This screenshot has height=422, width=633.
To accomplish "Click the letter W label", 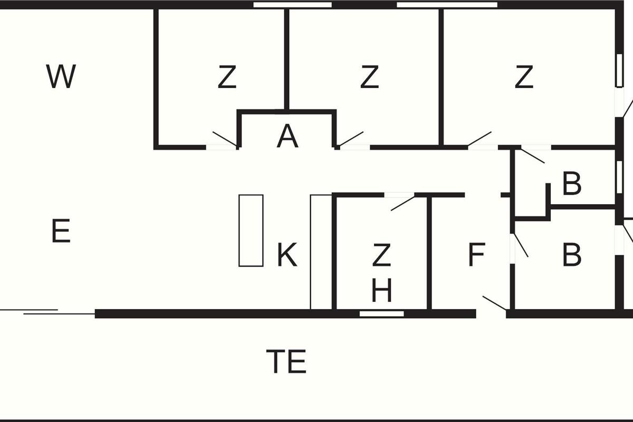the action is (x=61, y=76).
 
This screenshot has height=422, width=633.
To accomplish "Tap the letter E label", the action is (x=61, y=231).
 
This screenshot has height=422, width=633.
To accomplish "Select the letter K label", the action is (x=287, y=255).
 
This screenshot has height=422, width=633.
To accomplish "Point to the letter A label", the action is (x=287, y=136).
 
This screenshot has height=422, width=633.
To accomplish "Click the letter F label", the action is (x=477, y=255).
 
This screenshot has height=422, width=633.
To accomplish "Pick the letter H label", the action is (x=381, y=290).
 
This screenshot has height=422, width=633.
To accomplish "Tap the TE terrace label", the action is (x=286, y=361).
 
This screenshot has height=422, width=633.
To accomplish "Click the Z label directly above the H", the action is (x=381, y=255).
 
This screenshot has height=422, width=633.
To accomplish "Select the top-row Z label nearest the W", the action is (x=227, y=76).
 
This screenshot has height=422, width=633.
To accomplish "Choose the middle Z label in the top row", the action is (x=369, y=76).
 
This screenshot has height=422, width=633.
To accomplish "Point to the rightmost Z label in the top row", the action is (x=524, y=76).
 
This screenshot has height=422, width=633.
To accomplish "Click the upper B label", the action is (x=572, y=184).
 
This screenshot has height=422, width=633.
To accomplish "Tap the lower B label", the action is (x=572, y=255).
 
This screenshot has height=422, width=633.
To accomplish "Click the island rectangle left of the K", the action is (x=251, y=231).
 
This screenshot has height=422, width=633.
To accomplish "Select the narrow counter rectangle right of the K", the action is (x=321, y=252).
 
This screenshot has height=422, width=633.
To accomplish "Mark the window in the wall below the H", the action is (x=381, y=314).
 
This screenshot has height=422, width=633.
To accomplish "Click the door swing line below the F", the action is (x=495, y=303).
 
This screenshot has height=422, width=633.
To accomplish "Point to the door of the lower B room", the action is (x=521, y=245).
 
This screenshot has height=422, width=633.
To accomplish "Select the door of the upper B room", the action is (x=533, y=156).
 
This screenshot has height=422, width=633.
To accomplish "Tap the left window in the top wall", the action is (x=292, y=5).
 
